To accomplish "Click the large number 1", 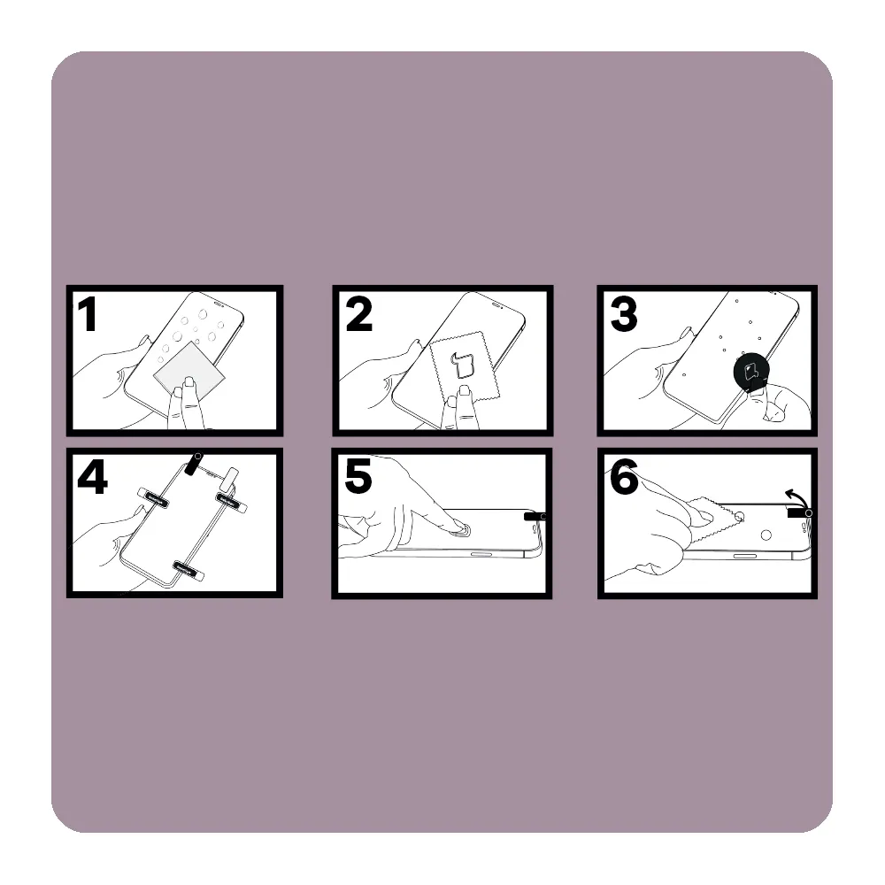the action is (88, 314).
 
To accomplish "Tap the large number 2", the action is (359, 314).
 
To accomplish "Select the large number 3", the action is (624, 314).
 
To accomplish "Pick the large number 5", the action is (358, 477).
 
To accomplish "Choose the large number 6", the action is (624, 477).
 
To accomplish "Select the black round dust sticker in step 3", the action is (751, 372).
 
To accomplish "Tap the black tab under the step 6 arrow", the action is (798, 512).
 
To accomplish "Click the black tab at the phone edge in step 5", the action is (534, 516).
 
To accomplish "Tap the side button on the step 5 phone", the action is (481, 554).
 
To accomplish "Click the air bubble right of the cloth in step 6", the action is (766, 535).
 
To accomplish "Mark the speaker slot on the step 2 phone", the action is (497, 304).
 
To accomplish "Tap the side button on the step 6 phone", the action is (745, 556).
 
